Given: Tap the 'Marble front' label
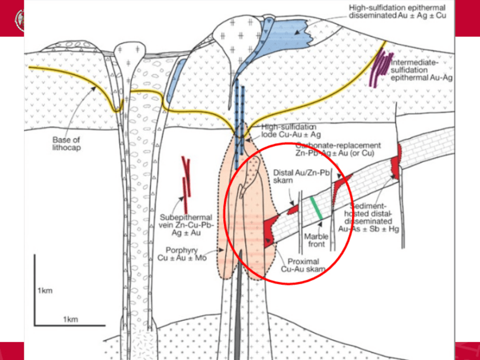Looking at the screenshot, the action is click(x=315, y=240).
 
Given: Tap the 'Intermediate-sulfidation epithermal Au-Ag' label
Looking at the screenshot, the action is click(x=419, y=68).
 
